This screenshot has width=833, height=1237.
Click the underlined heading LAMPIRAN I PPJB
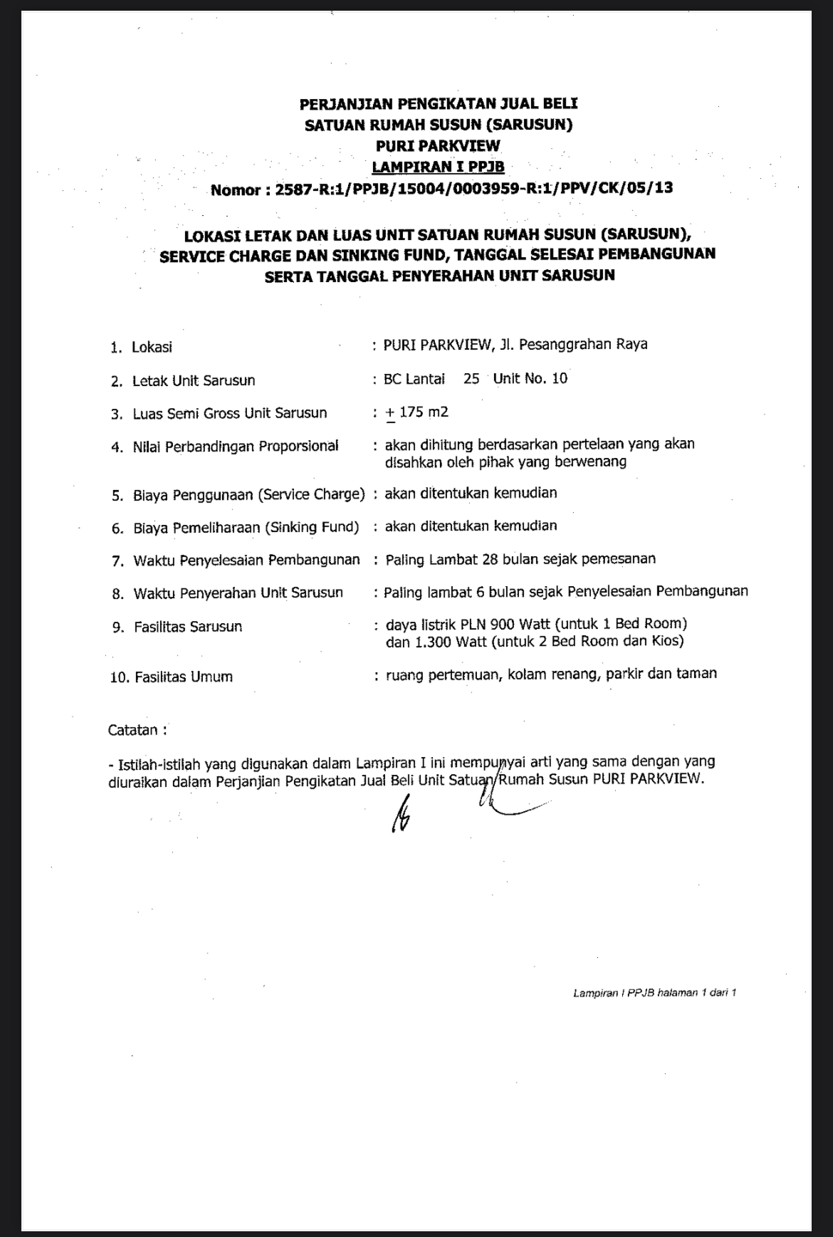pos(438,167)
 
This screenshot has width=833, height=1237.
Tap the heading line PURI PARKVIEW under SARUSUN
pos(438,146)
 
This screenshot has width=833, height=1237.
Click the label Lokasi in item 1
pos(152,348)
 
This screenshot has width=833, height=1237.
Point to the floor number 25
pos(471,379)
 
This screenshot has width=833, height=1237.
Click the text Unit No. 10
pos(530,379)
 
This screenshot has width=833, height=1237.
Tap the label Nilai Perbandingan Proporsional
pos(235,447)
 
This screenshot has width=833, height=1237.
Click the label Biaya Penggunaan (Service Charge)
pos(248,495)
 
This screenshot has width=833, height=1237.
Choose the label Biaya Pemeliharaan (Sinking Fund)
pos(246,528)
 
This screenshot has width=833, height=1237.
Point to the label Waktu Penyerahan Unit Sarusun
pos(238,593)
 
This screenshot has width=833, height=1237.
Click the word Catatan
pos(133,730)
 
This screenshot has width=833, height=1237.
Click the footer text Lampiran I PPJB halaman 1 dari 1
pos(654,993)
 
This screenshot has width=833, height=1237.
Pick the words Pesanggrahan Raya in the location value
pos(583,345)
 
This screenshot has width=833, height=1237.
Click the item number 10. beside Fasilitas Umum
pos(119,677)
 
